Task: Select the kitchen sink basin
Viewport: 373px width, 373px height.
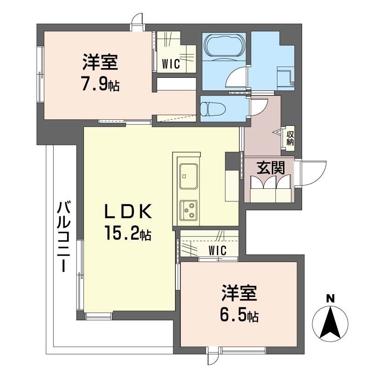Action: click(189, 176)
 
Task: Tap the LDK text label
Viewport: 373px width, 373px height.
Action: click(128, 212)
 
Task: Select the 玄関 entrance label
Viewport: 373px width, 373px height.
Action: click(271, 168)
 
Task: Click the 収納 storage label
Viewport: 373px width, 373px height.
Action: click(290, 138)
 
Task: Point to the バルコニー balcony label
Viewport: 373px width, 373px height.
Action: click(63, 236)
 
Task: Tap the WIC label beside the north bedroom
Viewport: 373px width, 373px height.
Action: click(171, 64)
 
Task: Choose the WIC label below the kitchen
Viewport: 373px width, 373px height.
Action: click(218, 250)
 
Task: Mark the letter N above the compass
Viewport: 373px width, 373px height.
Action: click(330, 298)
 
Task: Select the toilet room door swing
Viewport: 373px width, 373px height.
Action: click(259, 107)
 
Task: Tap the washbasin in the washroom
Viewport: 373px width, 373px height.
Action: click(285, 78)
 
